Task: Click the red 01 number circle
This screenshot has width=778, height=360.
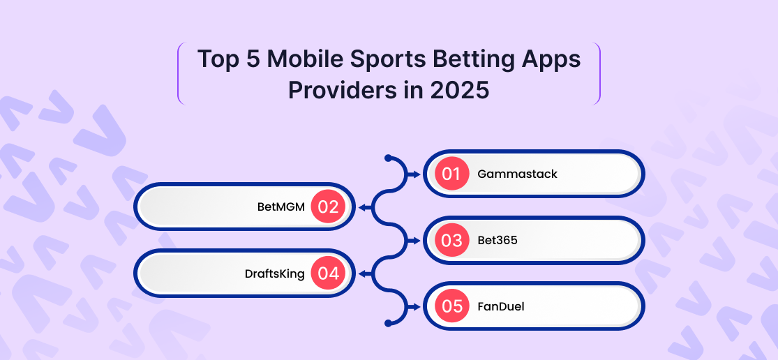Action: click(x=452, y=174)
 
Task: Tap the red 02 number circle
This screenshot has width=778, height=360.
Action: click(x=328, y=207)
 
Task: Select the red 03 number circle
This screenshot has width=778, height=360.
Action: click(x=452, y=241)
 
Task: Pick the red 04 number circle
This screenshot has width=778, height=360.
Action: click(x=328, y=273)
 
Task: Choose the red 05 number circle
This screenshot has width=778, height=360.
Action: click(x=452, y=306)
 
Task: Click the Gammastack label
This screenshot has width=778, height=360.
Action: click(x=518, y=174)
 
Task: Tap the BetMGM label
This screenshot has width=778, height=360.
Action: click(x=280, y=207)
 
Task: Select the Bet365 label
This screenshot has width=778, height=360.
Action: click(x=498, y=241)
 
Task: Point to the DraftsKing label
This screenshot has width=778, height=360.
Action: click(x=274, y=273)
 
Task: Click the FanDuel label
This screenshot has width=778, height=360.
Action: click(x=500, y=306)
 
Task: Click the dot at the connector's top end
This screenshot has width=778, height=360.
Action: click(x=389, y=158)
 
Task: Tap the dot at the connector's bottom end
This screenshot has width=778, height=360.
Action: click(x=389, y=323)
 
